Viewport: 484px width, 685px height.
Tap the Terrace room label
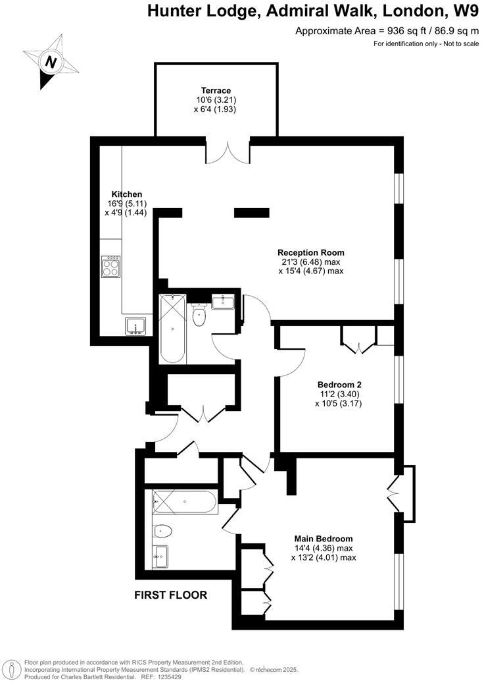(216, 90)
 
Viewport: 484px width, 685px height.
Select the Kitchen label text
(127, 194)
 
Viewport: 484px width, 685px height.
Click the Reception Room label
(310, 252)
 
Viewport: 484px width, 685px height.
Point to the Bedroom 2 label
(339, 385)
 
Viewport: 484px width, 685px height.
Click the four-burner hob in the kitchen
(111, 267)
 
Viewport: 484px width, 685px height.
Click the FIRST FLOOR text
(170, 595)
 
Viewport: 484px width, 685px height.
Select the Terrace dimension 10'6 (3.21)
(216, 100)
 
